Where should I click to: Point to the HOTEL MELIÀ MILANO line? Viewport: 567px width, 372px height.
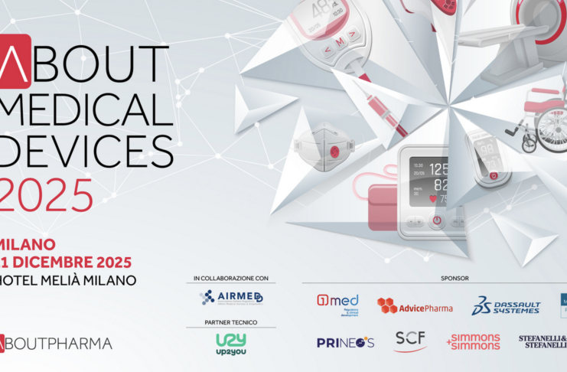click(x=69, y=280)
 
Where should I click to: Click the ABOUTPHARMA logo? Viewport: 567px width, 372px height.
click(x=57, y=343)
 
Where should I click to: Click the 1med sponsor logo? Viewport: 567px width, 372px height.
click(x=337, y=304)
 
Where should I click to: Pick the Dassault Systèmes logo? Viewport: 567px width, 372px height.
click(x=506, y=306)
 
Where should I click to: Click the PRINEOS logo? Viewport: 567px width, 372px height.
click(x=345, y=342)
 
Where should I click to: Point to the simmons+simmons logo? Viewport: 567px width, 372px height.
click(x=473, y=341)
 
